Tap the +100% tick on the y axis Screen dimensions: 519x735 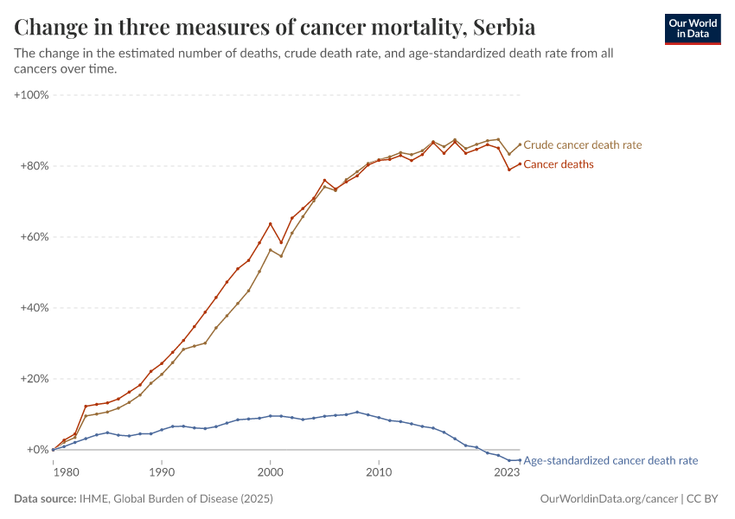[32, 94]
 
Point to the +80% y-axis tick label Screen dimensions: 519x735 [35, 165]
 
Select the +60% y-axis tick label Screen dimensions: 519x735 [35, 236]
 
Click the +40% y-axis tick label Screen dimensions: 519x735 [35, 308]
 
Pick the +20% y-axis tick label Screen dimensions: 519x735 [35, 379]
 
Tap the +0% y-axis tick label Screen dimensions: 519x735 [38, 450]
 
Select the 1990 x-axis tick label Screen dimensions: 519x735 [162, 472]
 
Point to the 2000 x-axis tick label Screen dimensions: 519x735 [271, 472]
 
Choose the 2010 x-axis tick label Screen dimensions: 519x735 [379, 472]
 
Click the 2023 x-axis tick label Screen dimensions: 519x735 [508, 472]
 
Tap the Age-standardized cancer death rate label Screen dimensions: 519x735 [610, 461]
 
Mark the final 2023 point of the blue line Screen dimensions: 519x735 [520, 460]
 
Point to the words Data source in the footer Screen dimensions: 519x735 [44, 499]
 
